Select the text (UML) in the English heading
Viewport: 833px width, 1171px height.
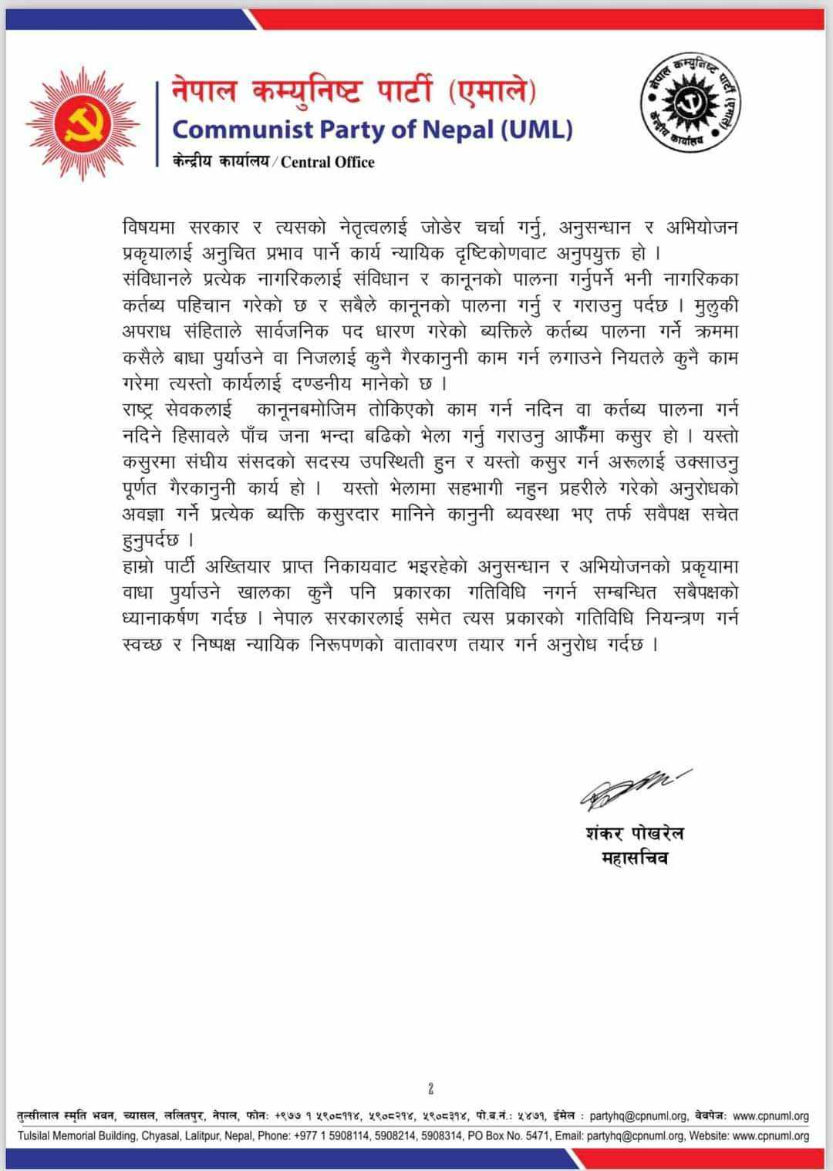pos(537,129)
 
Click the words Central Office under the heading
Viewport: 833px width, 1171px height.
pos(328,162)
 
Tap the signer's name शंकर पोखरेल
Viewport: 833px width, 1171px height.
pos(634,833)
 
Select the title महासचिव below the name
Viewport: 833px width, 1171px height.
pos(634,857)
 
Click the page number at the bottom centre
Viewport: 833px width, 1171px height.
pos(430,1088)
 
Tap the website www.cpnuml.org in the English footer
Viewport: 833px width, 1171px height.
pos(771,1136)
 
